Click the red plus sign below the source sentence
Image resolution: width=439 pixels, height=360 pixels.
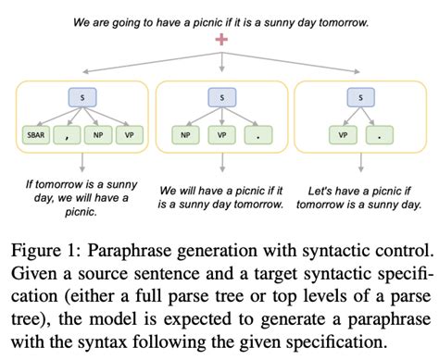coord(219,40)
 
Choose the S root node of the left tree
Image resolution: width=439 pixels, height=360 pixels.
coord(82,97)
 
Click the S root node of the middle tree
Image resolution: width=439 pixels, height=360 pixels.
coord(219,97)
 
